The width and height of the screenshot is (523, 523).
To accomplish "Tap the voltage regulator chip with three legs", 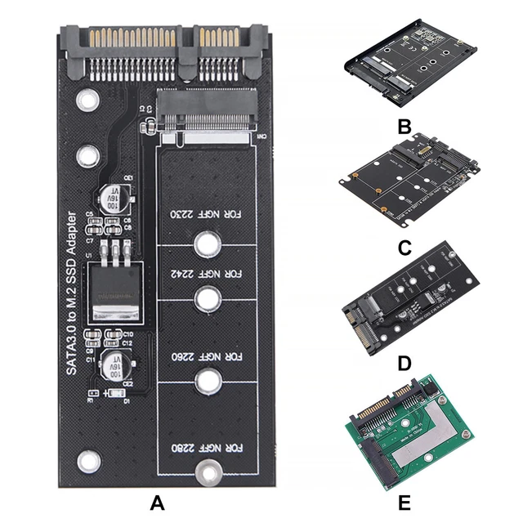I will click(114, 286).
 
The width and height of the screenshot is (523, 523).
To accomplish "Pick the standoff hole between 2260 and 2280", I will click(209, 382).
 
